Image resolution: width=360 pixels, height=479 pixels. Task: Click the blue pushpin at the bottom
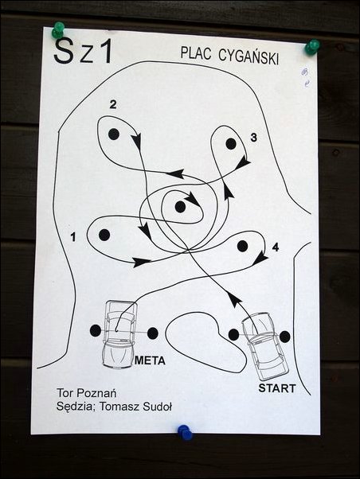185,432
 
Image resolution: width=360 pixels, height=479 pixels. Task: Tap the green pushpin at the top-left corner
58,29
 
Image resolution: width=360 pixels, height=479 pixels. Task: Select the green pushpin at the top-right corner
312,47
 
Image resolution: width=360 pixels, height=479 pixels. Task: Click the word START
277,388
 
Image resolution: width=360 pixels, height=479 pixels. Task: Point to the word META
150,360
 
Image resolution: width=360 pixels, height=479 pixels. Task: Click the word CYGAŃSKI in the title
248,56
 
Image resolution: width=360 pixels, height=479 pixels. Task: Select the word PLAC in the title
196,53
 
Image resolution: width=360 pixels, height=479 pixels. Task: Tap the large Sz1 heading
83,51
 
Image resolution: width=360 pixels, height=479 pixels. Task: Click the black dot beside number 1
104,235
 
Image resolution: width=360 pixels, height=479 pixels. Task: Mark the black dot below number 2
113,134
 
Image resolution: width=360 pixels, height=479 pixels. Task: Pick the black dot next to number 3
231,144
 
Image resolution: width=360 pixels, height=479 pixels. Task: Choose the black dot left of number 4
242,246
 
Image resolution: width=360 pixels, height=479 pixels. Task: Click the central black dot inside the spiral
181,207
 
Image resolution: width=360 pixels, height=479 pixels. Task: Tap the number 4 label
276,247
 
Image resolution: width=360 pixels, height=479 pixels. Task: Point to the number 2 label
113,105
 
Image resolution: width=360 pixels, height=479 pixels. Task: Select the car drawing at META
119,334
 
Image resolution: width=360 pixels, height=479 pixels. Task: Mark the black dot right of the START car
285,337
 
